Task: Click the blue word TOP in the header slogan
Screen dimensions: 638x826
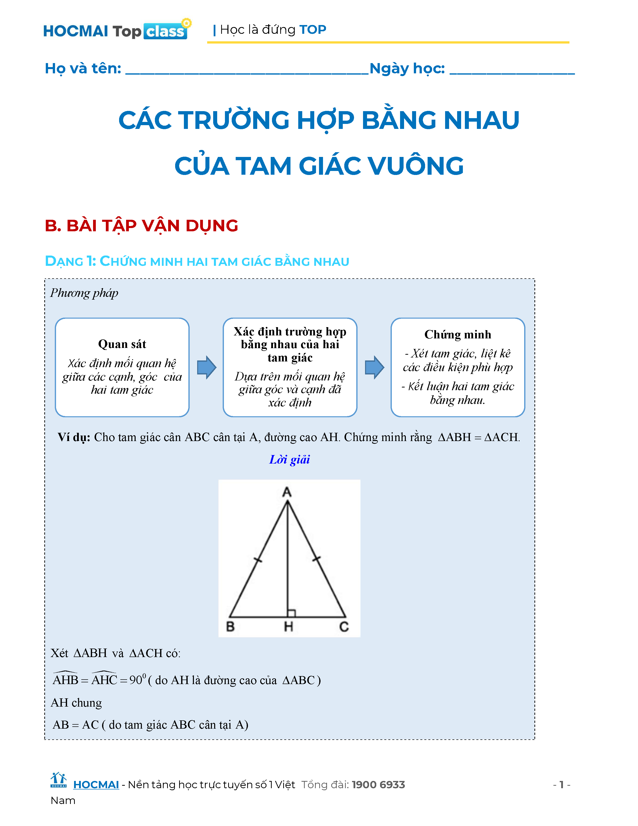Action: click(312, 30)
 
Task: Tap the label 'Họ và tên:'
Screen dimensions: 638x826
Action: click(83, 68)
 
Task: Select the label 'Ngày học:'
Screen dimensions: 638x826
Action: click(407, 68)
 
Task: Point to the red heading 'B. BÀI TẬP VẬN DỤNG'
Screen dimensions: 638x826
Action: click(141, 226)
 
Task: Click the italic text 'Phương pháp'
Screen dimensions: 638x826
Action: click(84, 293)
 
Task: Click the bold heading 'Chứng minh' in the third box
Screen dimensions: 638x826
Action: click(458, 334)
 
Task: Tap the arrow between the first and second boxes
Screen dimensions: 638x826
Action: click(207, 367)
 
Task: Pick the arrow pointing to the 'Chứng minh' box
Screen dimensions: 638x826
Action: click(375, 367)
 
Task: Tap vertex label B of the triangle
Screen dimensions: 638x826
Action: click(230, 627)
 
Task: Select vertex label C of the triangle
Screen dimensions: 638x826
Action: click(344, 627)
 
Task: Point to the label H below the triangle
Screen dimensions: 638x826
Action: click(288, 627)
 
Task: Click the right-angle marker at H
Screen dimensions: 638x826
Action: click(291, 613)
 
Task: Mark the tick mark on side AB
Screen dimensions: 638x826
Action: click(258, 560)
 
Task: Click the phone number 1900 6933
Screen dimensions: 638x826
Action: click(378, 785)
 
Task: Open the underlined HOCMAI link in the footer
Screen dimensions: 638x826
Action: click(96, 785)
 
